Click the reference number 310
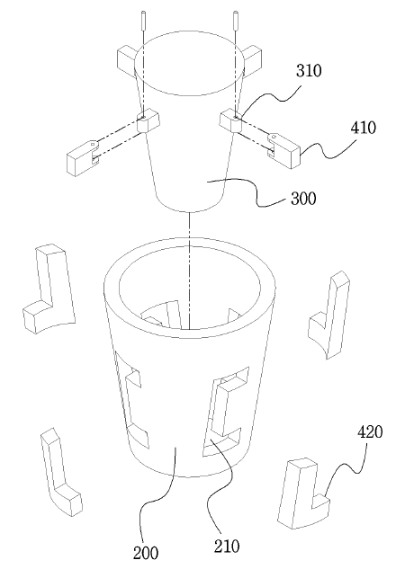(x=309, y=70)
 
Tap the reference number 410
(x=364, y=128)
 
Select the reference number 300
(x=303, y=199)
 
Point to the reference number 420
(x=370, y=431)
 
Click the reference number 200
(x=146, y=553)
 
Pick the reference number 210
(x=227, y=546)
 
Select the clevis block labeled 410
(x=283, y=150)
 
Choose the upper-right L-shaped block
(x=329, y=316)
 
